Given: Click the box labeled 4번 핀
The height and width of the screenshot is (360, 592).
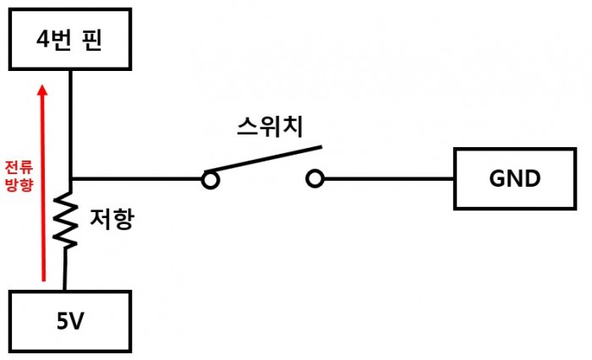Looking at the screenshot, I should (70, 40).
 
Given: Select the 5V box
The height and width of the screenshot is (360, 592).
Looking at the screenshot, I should (70, 320).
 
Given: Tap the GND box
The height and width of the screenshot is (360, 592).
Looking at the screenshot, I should (514, 178).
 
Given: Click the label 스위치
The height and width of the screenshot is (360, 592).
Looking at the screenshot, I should (267, 127).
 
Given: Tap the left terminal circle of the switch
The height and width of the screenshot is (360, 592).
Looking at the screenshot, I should (210, 179).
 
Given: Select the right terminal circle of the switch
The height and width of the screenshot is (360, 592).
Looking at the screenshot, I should (315, 179).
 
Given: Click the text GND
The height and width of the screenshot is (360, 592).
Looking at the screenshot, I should (514, 178).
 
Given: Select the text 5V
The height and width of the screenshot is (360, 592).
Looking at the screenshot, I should (70, 321).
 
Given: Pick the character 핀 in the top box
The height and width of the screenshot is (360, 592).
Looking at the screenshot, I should (93, 41).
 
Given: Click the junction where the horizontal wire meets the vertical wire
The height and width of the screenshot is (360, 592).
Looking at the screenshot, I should (71, 179).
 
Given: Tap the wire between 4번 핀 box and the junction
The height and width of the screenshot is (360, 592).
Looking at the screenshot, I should (71, 123).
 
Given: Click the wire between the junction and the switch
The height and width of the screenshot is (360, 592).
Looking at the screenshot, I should (135, 179).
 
